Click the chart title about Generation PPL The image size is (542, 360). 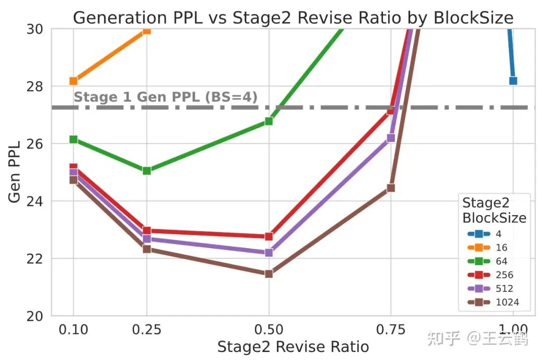click(x=293, y=18)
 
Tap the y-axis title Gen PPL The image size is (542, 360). click(x=15, y=172)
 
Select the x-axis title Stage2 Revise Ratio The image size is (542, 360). click(x=293, y=346)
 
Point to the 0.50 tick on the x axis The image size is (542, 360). click(x=268, y=329)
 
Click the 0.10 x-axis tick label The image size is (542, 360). click(x=73, y=329)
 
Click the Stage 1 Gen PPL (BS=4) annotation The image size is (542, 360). click(x=166, y=97)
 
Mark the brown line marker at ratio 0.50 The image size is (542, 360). click(x=268, y=274)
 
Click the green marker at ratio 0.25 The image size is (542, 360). click(x=147, y=170)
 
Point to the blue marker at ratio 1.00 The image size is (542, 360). click(x=513, y=81)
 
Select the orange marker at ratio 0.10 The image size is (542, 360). click(x=73, y=81)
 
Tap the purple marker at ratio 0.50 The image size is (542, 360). click(x=268, y=253)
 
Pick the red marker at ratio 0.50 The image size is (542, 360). click(x=268, y=236)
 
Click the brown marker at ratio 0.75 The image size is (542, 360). click(x=391, y=188)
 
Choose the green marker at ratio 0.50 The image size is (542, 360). click(x=268, y=121)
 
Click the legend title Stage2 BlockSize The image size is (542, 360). click(x=494, y=210)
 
